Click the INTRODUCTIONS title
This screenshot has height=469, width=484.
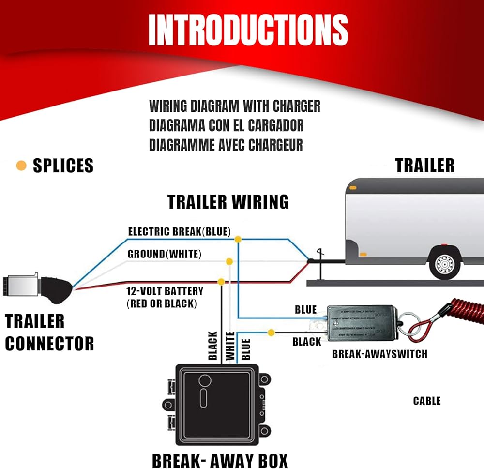coord(248,30)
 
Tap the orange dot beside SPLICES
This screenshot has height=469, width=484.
coord(21,166)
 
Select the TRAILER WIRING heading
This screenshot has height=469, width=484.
coord(228,201)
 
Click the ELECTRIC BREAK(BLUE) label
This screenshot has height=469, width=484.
coord(179,231)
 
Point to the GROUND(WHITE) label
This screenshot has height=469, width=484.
coord(165,254)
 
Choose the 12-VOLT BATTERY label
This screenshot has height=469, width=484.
coord(165,292)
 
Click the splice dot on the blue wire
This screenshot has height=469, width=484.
coord(238,239)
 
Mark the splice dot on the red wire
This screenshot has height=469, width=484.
coord(221,281)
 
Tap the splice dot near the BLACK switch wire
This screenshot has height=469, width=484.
coord(272,333)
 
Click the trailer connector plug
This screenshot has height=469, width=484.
coord(36,288)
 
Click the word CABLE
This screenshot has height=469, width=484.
coord(427,401)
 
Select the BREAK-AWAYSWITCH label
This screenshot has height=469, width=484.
coord(379,354)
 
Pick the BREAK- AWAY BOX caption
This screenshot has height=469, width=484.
coord(220,460)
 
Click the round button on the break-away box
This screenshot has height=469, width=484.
coord(205,381)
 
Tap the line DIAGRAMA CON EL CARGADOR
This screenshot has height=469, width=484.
coord(227,125)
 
